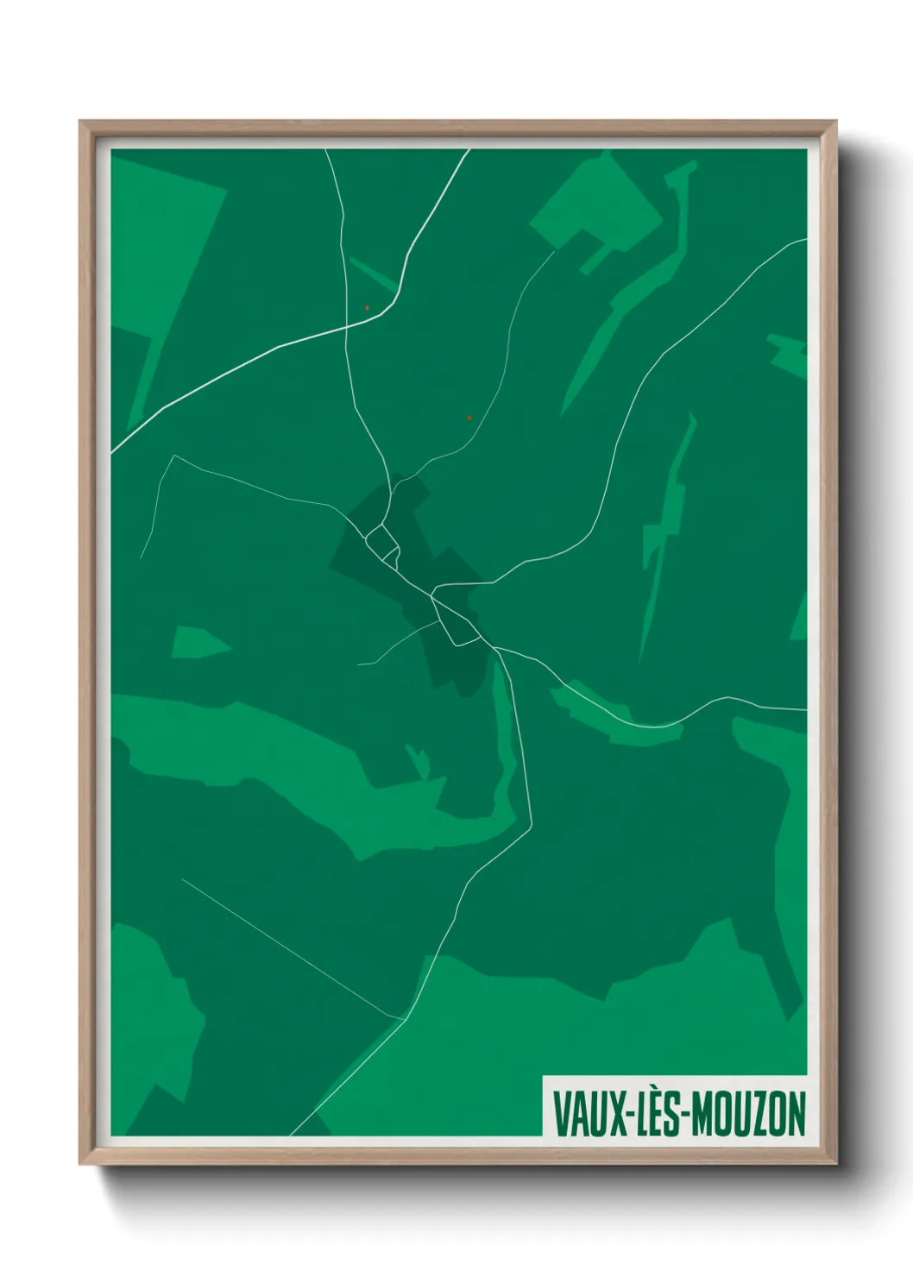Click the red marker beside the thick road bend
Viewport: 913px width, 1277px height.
(x=367, y=307)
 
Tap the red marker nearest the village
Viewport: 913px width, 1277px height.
(x=469, y=418)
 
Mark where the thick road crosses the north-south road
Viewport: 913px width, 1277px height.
(x=346, y=326)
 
